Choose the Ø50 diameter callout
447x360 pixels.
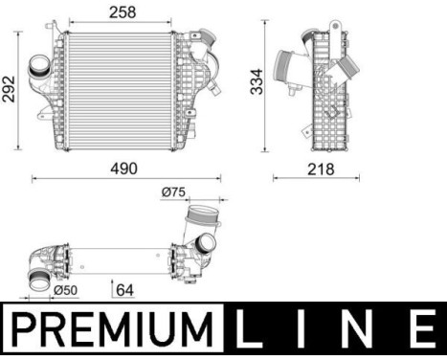point(66,289)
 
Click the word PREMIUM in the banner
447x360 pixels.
point(113,330)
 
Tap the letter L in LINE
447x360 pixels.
point(251,330)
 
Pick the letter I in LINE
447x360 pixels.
point(306,330)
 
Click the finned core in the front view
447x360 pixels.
point(120,91)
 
